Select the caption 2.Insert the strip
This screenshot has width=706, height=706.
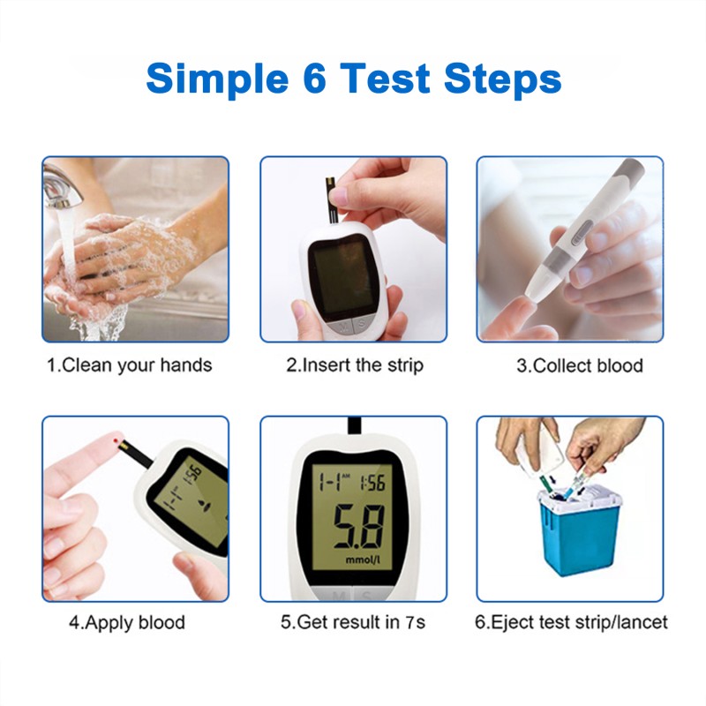354,365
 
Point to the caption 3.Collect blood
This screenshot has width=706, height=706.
579,365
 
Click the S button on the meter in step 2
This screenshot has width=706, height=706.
361,325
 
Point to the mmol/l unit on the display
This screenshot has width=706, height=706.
364,560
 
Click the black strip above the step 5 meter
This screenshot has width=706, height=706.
355,425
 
